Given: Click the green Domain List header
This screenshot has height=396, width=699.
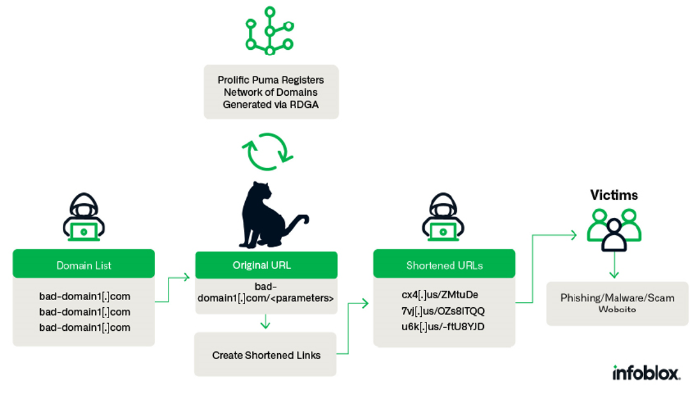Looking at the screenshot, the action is coord(84,264).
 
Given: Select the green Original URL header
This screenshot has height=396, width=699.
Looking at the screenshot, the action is coord(266,265).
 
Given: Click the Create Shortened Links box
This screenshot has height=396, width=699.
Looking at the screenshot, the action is coord(266,354).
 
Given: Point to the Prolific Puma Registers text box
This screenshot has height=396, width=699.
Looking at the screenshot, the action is coord(271,92).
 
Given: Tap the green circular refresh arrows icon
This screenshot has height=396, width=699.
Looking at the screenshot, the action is coord(267,151).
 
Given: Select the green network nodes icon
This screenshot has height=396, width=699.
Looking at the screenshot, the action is coord(269,30).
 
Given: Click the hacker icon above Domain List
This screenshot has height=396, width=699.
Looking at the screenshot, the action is coord(84,217).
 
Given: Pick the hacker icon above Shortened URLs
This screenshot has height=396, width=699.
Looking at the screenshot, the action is coord(443,217).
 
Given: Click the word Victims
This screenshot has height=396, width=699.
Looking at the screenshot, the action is coord(614,195).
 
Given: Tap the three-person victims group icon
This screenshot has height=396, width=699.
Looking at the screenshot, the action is coord(614,230).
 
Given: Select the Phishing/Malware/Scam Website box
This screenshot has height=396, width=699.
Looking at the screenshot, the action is coord(617,303).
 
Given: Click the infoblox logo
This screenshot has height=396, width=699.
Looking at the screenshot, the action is coord(646,372).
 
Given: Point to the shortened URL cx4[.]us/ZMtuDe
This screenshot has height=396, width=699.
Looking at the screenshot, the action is coord(440,295).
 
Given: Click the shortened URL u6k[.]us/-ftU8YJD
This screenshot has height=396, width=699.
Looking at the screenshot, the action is coord(442,326).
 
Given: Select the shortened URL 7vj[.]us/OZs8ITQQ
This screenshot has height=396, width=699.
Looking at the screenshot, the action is coord(442,311).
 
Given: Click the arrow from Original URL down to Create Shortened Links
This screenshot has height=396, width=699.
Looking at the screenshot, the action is coord(266,321).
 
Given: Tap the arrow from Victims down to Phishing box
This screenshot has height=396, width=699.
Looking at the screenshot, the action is coord(614,265).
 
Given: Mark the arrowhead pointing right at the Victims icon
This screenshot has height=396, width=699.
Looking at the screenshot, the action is coord(574,235).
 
